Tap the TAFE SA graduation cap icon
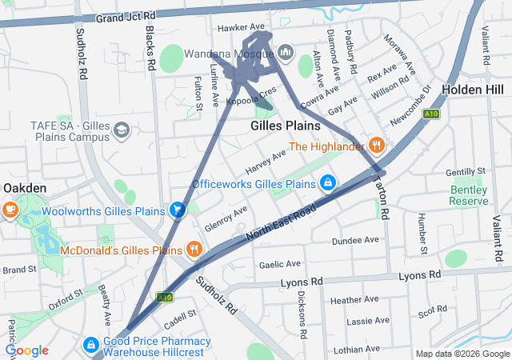pyautogui.click(x=121, y=130)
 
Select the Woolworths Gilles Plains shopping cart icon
pyautogui.click(x=178, y=210)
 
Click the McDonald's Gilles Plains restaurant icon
pyautogui.click(x=194, y=249)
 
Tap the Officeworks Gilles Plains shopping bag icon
pyautogui.click(x=327, y=184)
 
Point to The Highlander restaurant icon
pyautogui.click(x=377, y=146)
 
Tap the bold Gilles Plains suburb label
pyautogui.click(x=285, y=126)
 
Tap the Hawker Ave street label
pyautogui.click(x=241, y=27)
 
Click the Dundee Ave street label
pyautogui.click(x=355, y=239)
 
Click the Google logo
pyautogui.click(x=26, y=350)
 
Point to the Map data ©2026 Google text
pyautogui.click(x=462, y=354)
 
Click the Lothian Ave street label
pyautogui.click(x=357, y=349)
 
